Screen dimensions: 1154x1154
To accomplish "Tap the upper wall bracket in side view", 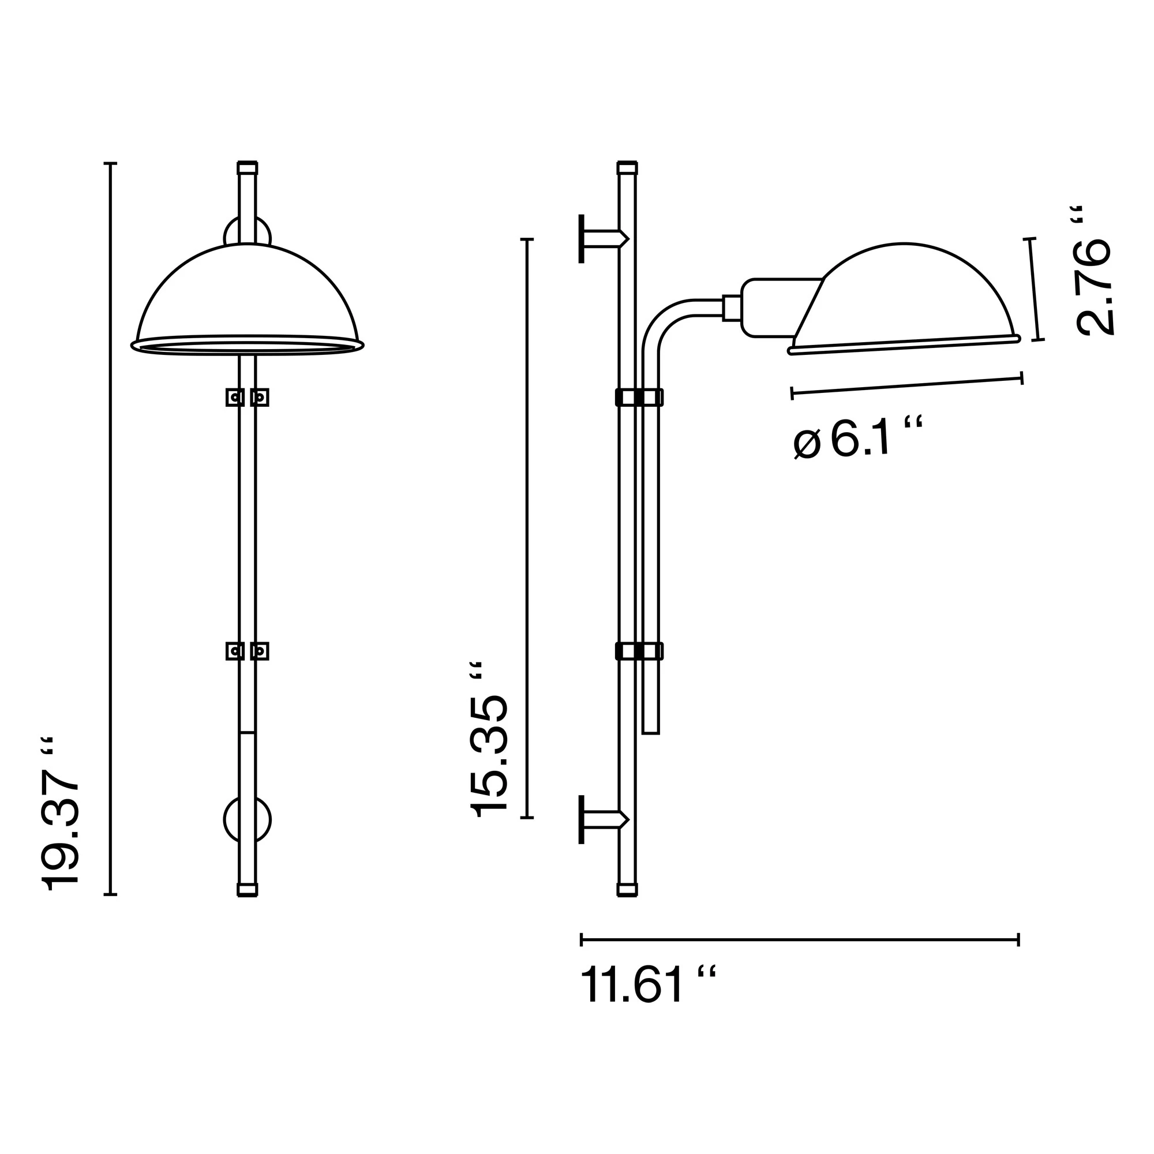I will pos(600,238).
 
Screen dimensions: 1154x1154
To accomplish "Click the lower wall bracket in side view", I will pos(600,819).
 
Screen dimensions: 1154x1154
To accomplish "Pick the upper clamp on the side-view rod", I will pos(639,397).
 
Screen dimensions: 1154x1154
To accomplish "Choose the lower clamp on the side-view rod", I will pos(639,651).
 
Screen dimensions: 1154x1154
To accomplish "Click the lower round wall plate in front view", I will pos(248,820).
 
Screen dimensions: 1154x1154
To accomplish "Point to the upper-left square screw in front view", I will pos(235,397).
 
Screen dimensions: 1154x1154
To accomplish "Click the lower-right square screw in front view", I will pos(260,651).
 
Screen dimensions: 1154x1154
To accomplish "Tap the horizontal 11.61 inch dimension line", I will pos(799,940).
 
